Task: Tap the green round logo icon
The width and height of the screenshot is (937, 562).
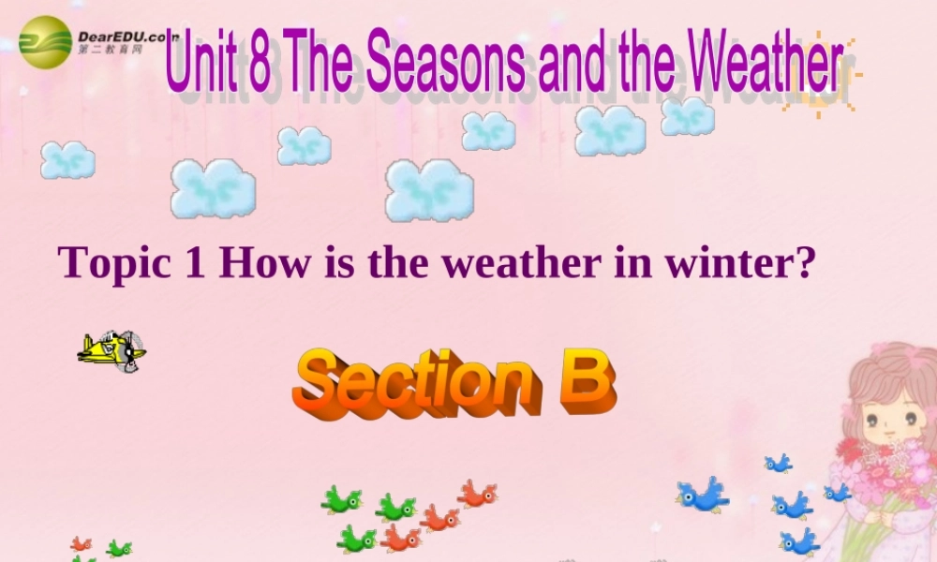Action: click(x=44, y=42)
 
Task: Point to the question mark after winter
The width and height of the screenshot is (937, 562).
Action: click(x=799, y=262)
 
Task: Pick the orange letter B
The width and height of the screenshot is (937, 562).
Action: click(x=587, y=381)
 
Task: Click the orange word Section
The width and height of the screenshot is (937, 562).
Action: click(x=416, y=384)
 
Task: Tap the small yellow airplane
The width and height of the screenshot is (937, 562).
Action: click(x=112, y=350)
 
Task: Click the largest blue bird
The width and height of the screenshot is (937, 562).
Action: click(x=704, y=495)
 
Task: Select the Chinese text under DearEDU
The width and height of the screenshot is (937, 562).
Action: click(x=111, y=48)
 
